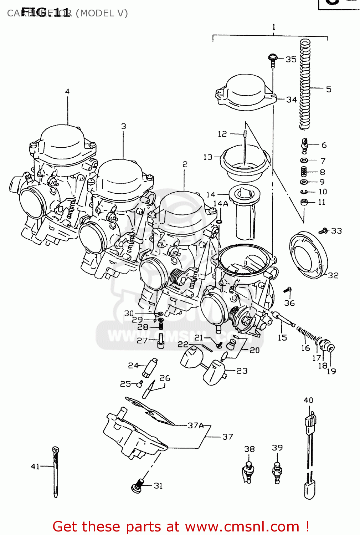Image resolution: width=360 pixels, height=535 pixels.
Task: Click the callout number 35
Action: (291, 59)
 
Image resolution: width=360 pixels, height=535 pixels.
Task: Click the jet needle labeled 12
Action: (245, 146)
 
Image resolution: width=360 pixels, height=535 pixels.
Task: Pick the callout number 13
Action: (208, 157)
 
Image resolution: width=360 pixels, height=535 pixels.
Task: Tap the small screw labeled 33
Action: (324, 231)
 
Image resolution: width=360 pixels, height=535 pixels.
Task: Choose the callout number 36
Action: (289, 303)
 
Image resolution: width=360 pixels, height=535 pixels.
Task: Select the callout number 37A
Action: (196, 426)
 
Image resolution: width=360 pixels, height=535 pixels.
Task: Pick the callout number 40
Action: (308, 400)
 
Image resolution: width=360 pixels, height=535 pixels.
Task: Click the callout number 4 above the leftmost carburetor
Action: (67, 92)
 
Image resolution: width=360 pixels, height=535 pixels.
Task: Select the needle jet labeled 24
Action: (149, 367)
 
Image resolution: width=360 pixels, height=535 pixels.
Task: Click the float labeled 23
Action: (215, 372)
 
